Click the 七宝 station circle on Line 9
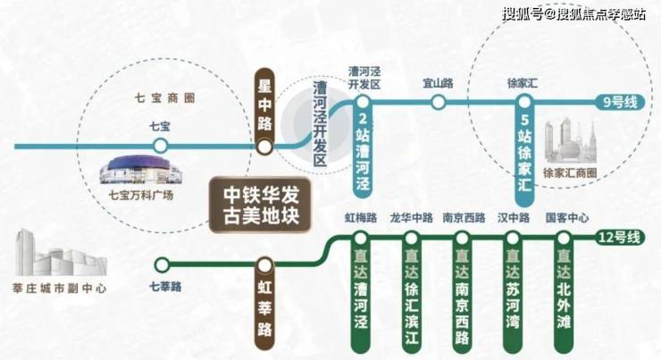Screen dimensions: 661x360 160,147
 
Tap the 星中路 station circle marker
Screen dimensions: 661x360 264,147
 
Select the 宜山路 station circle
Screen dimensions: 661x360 439,102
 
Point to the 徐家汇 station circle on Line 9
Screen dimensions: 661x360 524,102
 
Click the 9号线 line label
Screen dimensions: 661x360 620,102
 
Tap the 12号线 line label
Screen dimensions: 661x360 620,238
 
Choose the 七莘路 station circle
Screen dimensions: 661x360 162,265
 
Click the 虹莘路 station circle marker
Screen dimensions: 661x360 264,265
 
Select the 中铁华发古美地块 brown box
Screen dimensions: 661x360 260,205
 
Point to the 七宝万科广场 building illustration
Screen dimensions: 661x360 141,170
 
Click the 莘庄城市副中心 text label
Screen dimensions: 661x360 60,289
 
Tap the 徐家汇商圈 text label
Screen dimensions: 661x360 570,172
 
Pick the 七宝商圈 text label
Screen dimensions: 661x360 165,98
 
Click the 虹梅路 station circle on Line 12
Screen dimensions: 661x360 361,239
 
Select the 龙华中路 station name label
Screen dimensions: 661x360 412,218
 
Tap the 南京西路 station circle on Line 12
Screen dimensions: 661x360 462,239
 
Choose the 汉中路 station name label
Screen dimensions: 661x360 514,218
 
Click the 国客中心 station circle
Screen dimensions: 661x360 564,239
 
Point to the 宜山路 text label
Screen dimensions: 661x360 439,83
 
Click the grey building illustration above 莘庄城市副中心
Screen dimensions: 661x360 61,254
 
